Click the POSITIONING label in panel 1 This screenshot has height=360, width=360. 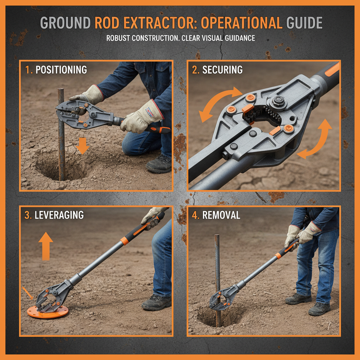click(x=61, y=70)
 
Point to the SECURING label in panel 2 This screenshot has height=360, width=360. click(x=222, y=70)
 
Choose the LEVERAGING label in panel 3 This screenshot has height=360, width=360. click(x=59, y=215)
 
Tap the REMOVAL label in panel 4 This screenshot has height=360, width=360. click(x=221, y=215)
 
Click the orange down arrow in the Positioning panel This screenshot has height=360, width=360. click(x=82, y=146)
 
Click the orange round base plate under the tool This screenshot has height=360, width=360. click(x=47, y=311)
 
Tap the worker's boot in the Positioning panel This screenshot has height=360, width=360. click(x=159, y=164)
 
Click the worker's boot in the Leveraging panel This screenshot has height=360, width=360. click(x=156, y=302)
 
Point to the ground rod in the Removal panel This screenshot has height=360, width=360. click(x=217, y=267)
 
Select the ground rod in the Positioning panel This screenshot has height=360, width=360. click(x=61, y=134)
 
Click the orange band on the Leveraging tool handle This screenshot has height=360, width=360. click(x=124, y=241)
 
